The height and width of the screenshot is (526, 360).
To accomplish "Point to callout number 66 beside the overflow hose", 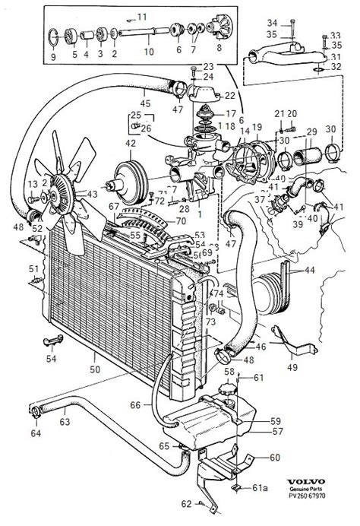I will [x=134, y=406].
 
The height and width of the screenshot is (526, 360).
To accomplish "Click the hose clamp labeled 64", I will [x=37, y=414].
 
